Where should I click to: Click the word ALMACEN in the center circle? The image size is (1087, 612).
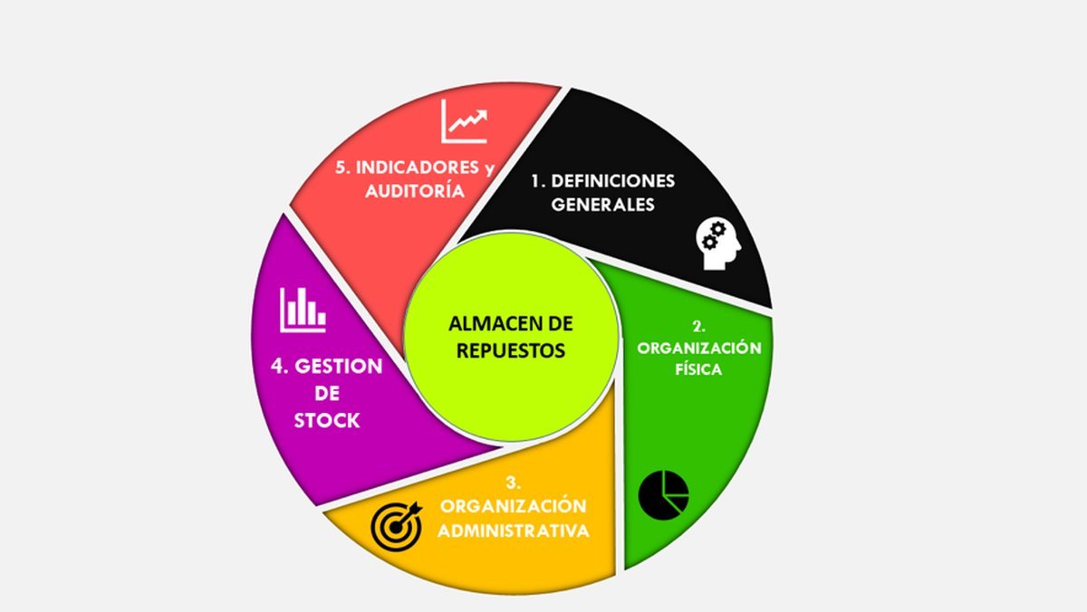point(489,324)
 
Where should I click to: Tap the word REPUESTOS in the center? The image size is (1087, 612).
point(511,350)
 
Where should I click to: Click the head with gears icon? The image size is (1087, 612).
point(718,244)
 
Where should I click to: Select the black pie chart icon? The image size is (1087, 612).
point(663,495)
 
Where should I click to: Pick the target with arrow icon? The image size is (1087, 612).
point(396,526)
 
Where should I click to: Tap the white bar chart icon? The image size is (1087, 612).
point(303,311)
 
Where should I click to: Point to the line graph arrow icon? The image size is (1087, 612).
point(464,121)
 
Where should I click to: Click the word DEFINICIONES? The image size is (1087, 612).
point(613,181)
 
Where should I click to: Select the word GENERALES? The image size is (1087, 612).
point(602,205)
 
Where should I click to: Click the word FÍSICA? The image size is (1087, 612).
point(698,369)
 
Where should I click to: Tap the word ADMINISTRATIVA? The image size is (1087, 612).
point(514,531)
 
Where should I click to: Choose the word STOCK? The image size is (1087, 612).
point(327,420)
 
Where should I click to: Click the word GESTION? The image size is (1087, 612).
point(339,366)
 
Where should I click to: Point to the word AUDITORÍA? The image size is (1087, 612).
point(415,191)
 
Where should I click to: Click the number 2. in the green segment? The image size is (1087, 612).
point(698,327)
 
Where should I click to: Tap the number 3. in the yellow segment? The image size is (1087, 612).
point(514,483)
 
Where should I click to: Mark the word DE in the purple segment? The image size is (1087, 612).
point(327,393)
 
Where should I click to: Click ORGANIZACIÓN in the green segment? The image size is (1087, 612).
point(699,348)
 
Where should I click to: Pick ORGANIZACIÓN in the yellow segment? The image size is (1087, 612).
point(514,506)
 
